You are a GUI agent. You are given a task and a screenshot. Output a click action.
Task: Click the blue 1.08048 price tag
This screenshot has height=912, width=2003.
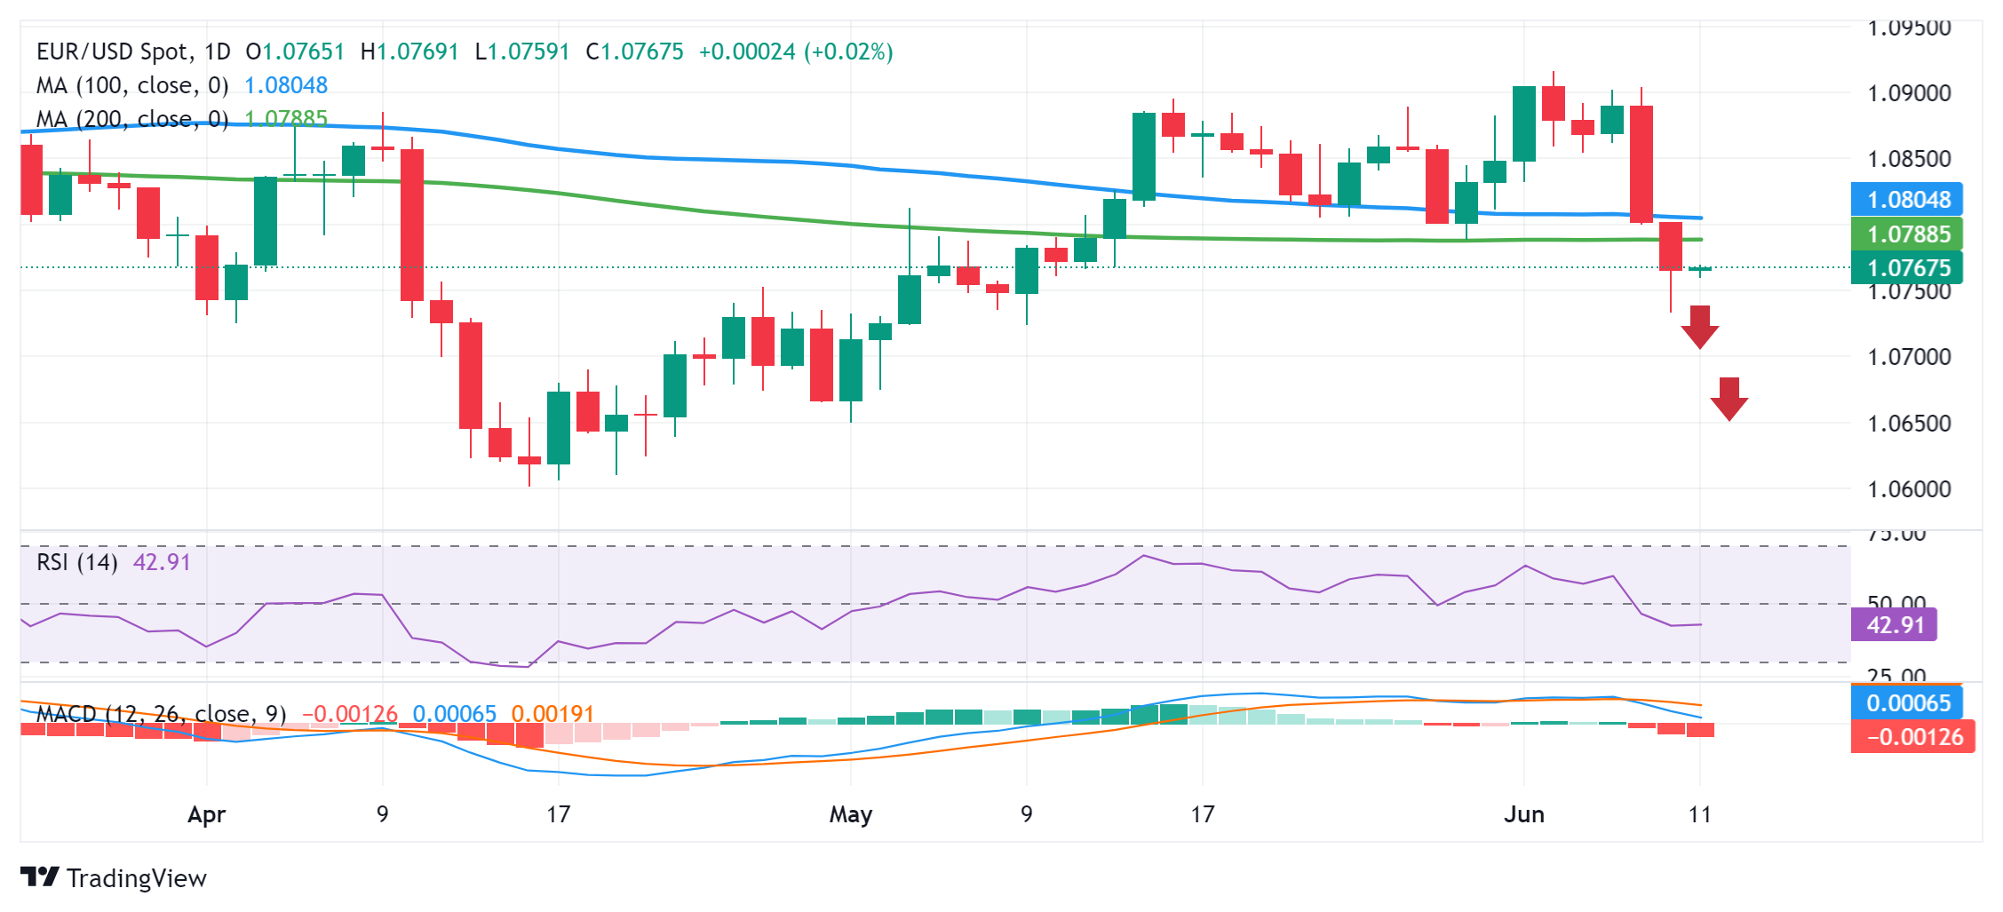click(1907, 200)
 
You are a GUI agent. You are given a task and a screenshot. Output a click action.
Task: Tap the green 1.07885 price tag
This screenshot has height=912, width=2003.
click(1907, 234)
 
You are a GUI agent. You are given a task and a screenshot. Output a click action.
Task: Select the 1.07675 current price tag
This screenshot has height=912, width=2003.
click(1907, 267)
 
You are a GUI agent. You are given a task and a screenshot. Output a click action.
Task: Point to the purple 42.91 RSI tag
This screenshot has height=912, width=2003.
click(1894, 625)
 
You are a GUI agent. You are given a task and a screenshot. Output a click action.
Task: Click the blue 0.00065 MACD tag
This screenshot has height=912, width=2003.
click(1907, 703)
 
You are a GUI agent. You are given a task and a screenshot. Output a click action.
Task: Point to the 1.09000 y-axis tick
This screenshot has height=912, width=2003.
click(1909, 93)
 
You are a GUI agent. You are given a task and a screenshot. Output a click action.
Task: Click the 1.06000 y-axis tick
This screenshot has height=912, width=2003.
click(1909, 489)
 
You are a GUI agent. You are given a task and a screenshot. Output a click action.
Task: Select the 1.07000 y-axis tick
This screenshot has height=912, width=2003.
click(1909, 357)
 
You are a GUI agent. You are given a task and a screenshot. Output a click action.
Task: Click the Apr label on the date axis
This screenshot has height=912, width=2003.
click(207, 814)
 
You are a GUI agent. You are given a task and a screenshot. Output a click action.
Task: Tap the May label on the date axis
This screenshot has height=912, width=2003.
click(850, 814)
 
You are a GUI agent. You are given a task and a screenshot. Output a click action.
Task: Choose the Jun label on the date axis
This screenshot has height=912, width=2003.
click(1524, 814)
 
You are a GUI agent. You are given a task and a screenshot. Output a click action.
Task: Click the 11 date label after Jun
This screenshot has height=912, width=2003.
click(1699, 814)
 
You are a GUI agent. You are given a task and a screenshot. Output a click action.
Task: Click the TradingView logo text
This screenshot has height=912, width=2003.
click(136, 878)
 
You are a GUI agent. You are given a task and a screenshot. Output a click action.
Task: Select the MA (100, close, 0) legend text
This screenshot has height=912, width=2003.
click(132, 85)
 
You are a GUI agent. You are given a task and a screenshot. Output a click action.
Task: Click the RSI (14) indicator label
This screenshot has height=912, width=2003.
click(77, 562)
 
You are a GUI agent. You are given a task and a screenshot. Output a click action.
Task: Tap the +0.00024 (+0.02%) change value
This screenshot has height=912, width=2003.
click(796, 52)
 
